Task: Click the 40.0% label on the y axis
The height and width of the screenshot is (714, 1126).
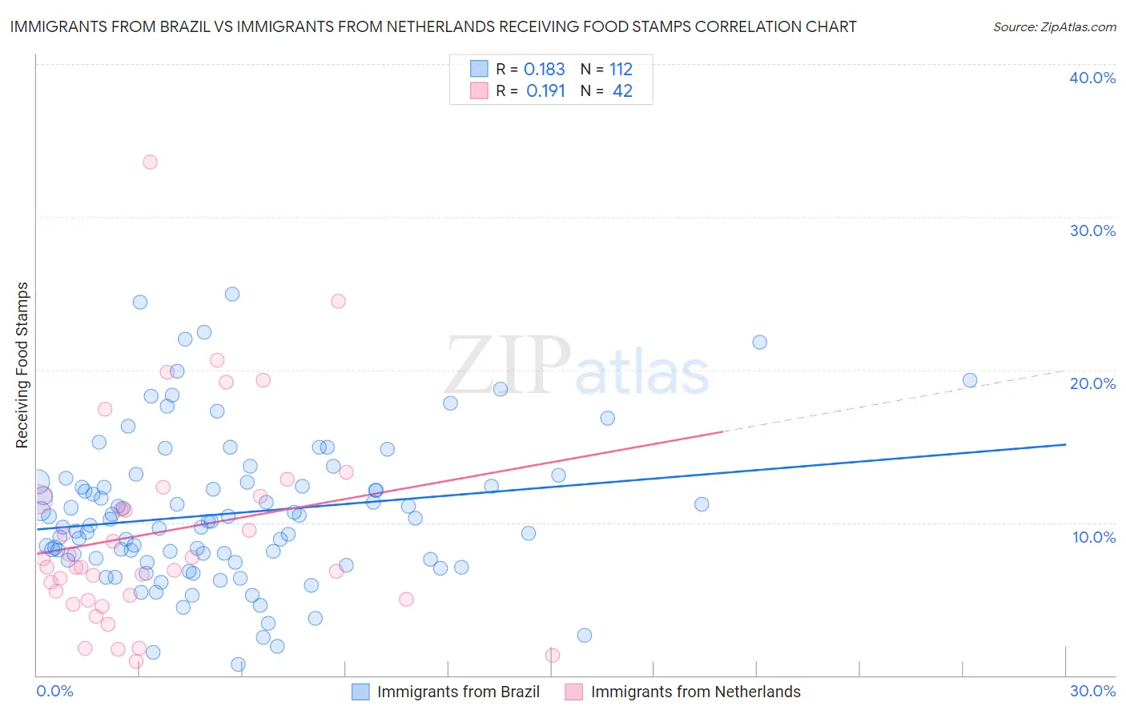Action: tap(1092, 78)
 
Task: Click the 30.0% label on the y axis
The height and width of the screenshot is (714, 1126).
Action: tap(1092, 231)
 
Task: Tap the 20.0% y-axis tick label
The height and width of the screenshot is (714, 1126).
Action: tap(1092, 383)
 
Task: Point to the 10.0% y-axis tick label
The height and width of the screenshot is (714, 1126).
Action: tap(1094, 537)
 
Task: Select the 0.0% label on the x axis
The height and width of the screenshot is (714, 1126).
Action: tap(55, 691)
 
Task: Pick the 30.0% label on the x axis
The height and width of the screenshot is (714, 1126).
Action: tap(1092, 691)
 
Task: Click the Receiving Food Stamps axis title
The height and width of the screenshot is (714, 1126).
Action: tap(22, 365)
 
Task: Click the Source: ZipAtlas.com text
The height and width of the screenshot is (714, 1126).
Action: tap(1054, 27)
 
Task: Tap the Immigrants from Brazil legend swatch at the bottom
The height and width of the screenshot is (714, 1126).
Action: tap(360, 692)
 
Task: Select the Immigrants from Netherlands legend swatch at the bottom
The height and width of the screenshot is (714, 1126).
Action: tap(573, 692)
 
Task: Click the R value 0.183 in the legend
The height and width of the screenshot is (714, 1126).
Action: tap(544, 70)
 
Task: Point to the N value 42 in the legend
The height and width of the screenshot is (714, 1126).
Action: tap(622, 91)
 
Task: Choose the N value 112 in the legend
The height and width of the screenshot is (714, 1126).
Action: tap(621, 70)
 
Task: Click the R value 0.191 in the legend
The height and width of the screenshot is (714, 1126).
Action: tap(545, 91)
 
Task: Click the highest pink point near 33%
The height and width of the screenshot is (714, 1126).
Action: tap(150, 162)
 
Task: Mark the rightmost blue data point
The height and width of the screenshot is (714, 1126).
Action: tap(970, 380)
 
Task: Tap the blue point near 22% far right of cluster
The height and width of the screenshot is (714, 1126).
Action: tap(759, 343)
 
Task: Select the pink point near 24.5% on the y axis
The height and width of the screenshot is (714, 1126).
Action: tap(338, 301)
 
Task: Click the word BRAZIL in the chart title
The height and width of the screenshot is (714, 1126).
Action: tap(180, 27)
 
